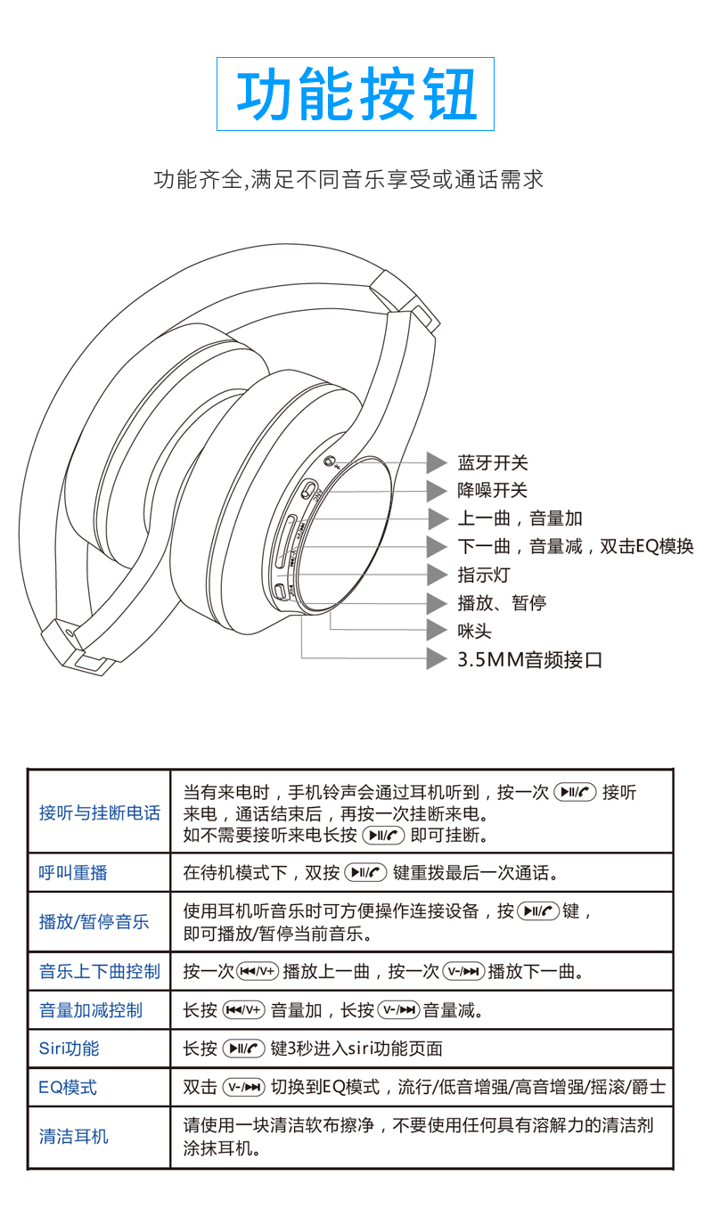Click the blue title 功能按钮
356,94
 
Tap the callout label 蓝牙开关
493,462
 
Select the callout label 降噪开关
493,490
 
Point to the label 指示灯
484,575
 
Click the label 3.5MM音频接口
529,659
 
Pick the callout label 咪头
475,631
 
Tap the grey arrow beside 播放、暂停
437,603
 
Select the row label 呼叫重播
73,872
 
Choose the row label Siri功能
69,1049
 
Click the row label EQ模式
68,1087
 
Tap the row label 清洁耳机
73,1136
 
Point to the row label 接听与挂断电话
99,812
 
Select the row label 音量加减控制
91,1010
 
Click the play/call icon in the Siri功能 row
244,1049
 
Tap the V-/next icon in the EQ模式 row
244,1087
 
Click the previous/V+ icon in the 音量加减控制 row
244,1010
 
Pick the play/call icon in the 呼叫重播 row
365,872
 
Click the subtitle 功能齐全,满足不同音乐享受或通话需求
348,180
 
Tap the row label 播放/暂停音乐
94,922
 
